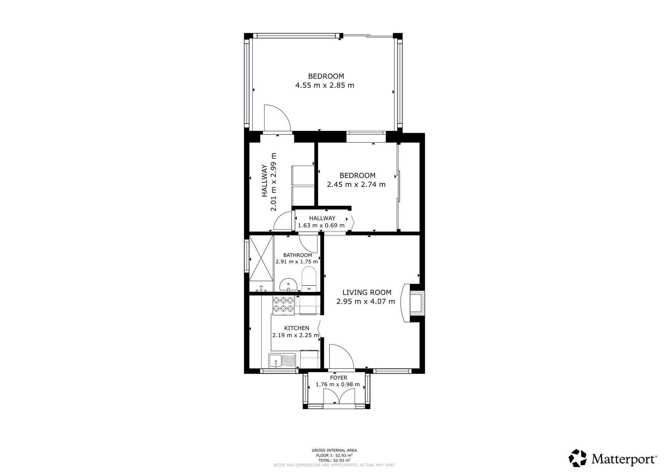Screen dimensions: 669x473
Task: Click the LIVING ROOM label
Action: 367,293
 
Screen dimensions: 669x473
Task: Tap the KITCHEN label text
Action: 297,328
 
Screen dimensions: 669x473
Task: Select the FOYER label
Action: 339,378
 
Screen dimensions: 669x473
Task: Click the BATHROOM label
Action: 298,255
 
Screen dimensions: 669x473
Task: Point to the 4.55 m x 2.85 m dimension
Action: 324,85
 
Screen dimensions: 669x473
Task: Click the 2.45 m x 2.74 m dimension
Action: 356,184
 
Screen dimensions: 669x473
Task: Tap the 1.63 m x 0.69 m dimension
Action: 321,225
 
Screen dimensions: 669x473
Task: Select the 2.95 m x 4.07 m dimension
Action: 366,301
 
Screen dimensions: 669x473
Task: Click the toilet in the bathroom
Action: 309,279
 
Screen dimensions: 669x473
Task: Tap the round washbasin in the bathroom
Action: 288,285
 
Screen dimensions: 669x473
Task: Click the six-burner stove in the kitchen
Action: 283,305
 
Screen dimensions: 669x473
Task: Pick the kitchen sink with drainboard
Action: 282,361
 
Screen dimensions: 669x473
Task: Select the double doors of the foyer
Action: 339,397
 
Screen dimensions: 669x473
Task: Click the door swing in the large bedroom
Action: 277,117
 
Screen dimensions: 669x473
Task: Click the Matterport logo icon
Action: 578,458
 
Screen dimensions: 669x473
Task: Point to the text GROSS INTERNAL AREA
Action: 334,450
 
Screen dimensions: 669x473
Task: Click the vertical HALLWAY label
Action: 264,180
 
